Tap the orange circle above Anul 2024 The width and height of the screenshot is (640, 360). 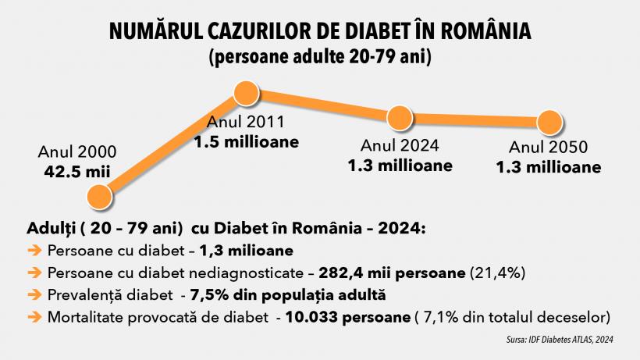click(x=399, y=119)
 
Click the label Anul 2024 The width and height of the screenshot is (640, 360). click(x=400, y=146)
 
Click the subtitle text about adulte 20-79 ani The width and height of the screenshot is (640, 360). click(x=320, y=57)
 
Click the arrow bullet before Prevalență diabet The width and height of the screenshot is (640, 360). click(x=34, y=295)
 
